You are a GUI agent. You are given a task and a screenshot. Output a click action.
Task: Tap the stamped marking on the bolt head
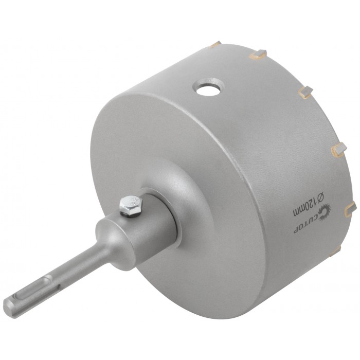[133, 202]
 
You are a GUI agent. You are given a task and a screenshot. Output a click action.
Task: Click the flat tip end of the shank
[7, 305]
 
